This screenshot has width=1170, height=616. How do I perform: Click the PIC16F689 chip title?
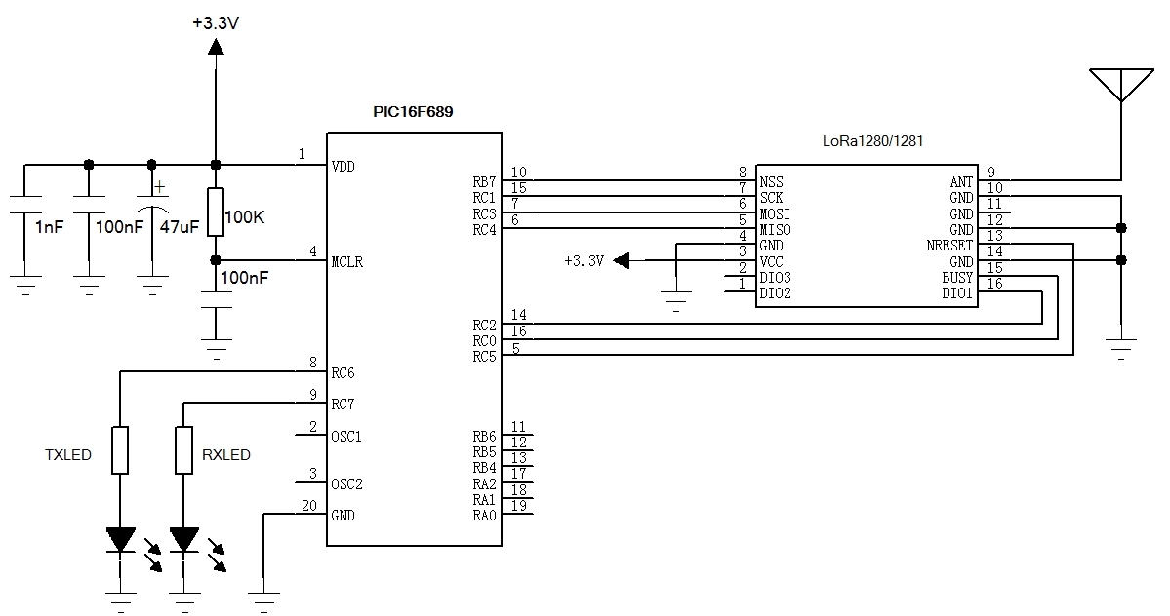click(413, 112)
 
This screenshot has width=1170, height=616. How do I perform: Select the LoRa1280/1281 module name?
click(873, 141)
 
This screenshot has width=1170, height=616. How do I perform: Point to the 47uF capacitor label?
click(180, 227)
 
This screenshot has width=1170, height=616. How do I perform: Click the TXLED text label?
click(68, 455)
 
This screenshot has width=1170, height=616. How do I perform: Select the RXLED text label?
click(226, 455)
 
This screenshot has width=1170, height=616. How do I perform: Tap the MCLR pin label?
click(347, 262)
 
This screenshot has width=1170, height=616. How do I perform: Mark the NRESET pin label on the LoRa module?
click(949, 246)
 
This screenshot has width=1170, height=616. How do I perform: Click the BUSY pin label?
click(957, 278)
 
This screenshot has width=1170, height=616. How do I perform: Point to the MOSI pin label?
click(776, 213)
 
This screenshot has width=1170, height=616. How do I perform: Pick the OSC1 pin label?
click(346, 436)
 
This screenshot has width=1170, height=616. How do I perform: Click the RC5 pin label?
click(484, 357)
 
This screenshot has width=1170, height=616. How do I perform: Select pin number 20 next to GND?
click(309, 505)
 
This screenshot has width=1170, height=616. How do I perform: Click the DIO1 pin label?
click(957, 293)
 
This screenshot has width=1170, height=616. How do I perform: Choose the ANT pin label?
click(961, 182)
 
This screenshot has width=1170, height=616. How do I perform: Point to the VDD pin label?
click(343, 167)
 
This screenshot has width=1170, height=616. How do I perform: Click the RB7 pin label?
click(484, 182)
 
